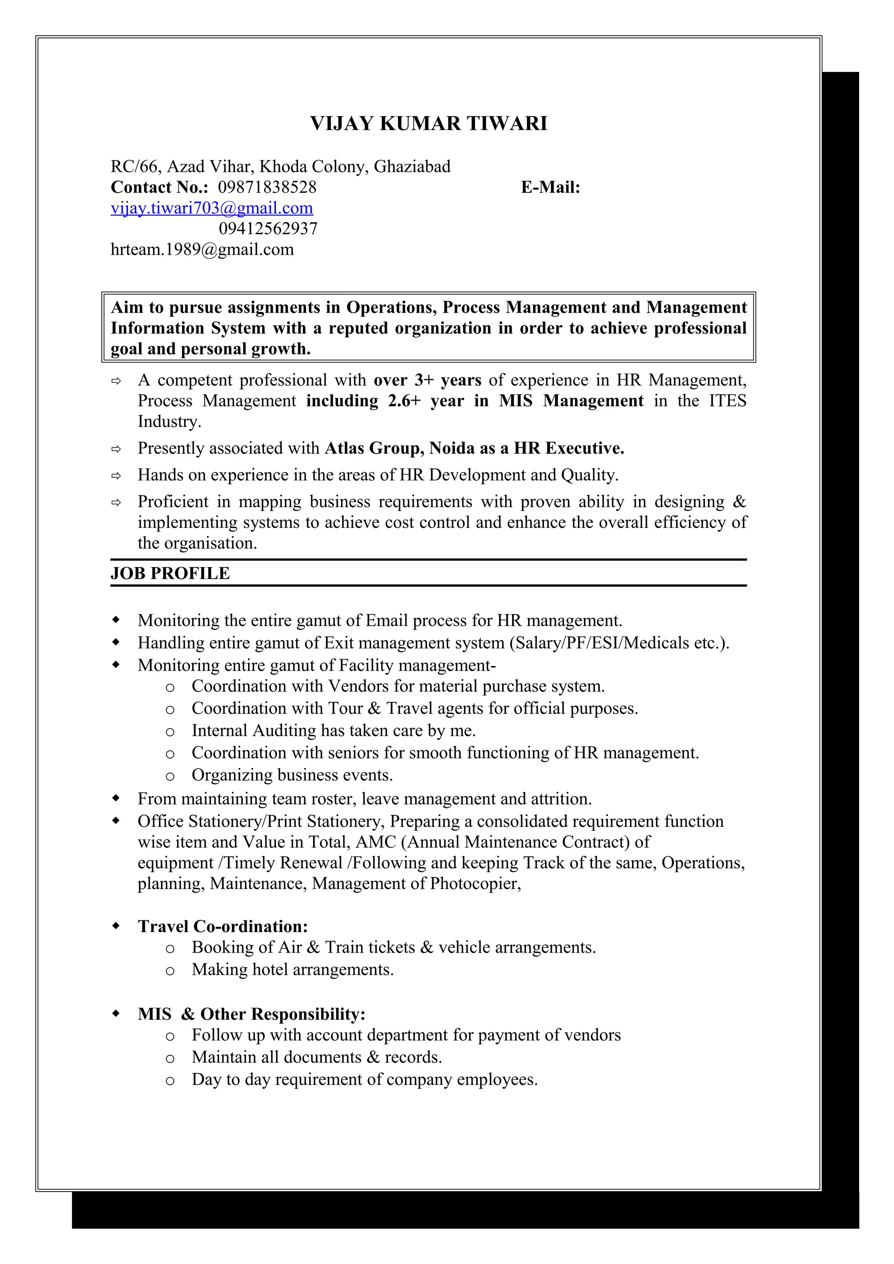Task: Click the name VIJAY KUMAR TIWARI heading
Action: [429, 123]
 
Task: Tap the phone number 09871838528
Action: [267, 187]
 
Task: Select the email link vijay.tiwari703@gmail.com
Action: [212, 208]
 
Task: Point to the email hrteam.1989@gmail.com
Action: [202, 249]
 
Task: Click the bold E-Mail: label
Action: [550, 187]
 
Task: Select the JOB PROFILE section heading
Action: [170, 573]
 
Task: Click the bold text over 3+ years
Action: [427, 380]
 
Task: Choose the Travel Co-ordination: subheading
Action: [223, 926]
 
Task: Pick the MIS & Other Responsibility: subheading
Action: [251, 1014]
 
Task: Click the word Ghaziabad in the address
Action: [412, 166]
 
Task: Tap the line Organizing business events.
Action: [292, 775]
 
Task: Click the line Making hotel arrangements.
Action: [292, 970]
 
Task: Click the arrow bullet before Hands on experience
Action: [116, 475]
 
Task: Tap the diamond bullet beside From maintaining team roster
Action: [116, 798]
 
